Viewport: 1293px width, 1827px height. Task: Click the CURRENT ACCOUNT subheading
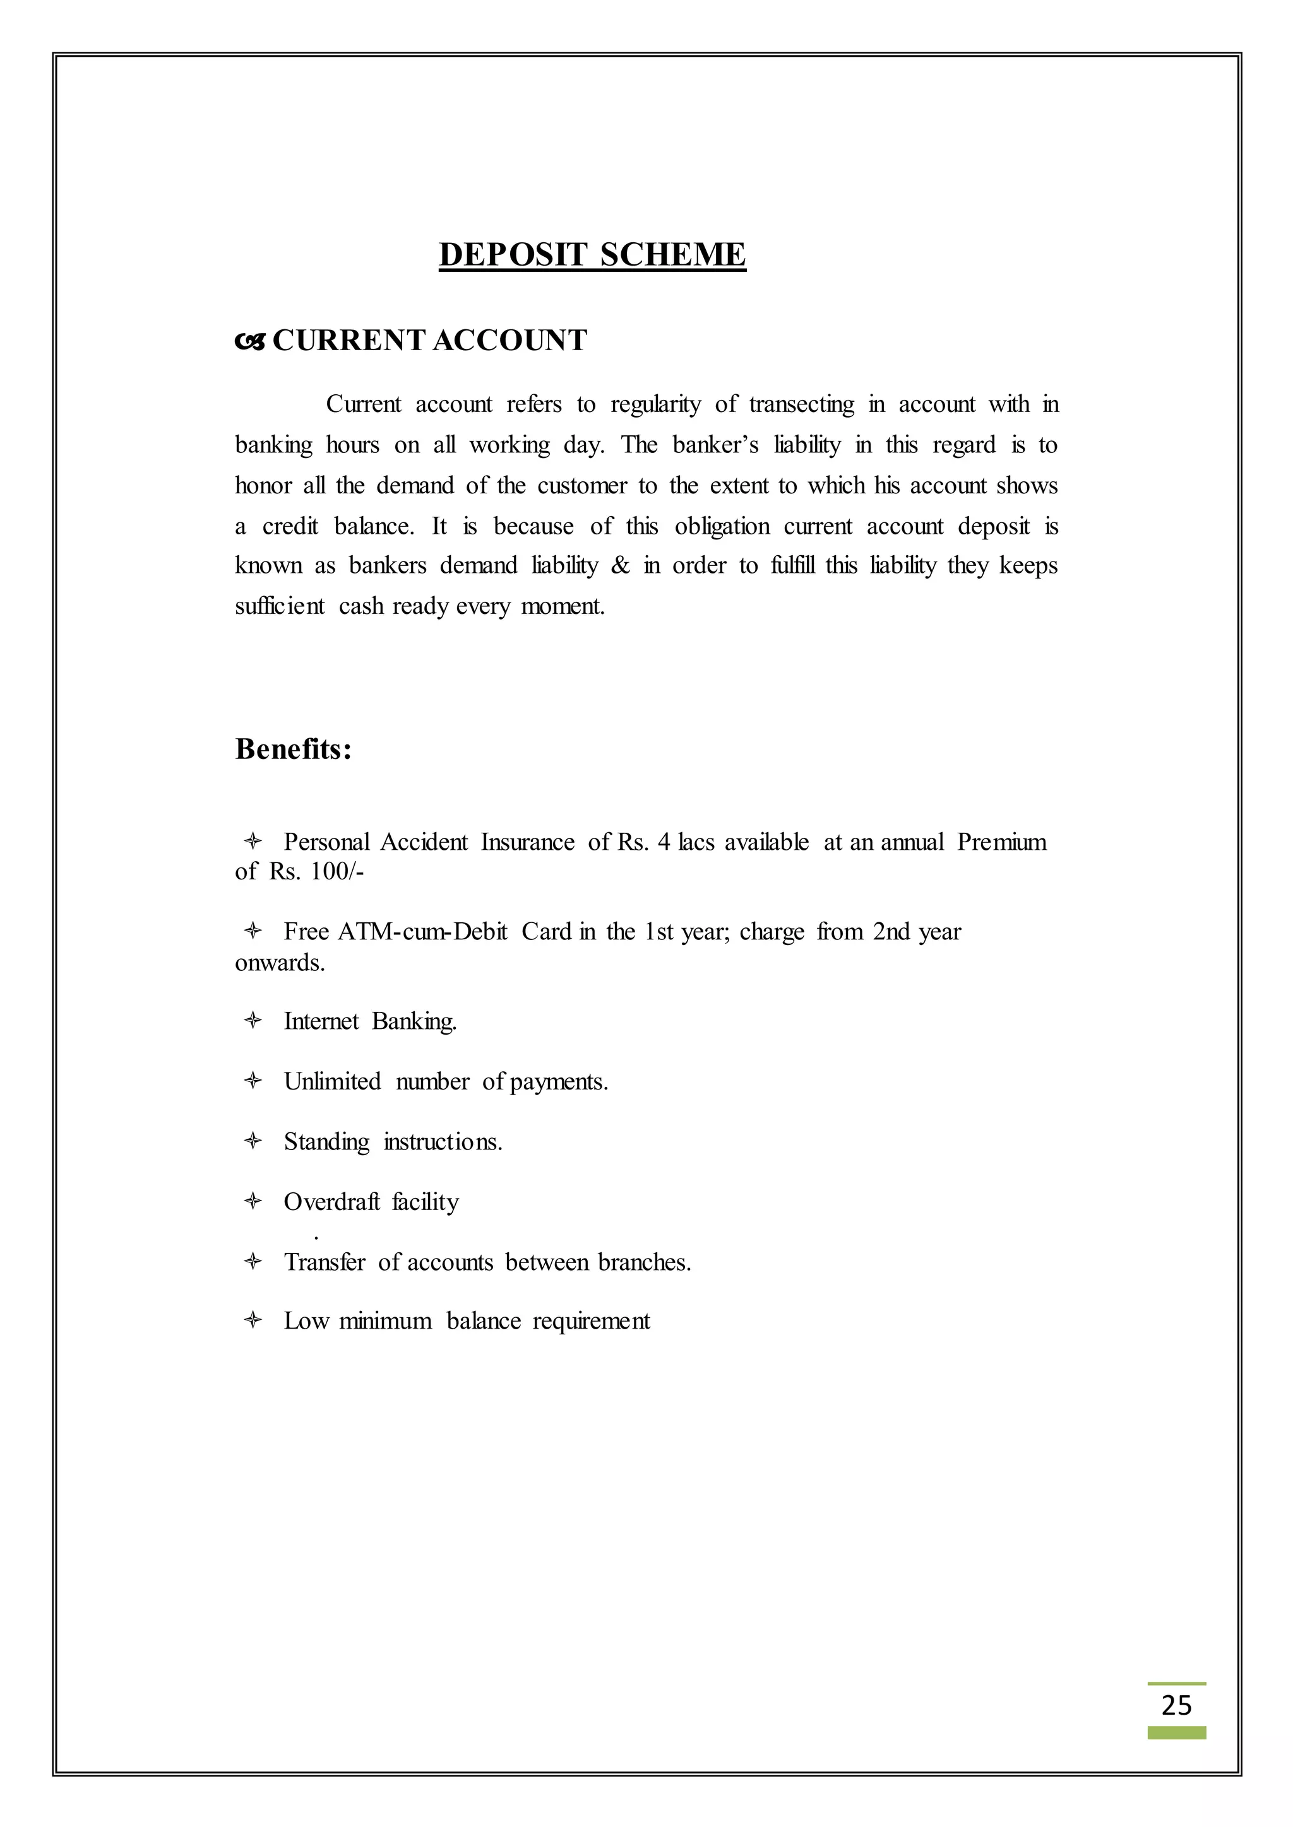click(429, 341)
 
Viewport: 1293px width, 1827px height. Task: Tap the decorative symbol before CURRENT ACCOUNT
click(249, 342)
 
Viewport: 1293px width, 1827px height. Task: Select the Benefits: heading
click(293, 749)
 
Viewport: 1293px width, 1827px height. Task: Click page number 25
click(1176, 1705)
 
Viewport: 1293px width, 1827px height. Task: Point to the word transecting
click(801, 404)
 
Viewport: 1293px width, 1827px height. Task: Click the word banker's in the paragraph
click(715, 445)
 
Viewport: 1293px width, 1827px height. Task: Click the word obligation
click(722, 527)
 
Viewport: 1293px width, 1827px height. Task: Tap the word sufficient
click(280, 606)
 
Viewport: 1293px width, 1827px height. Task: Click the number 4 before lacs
click(664, 842)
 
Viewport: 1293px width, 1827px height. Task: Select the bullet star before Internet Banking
click(253, 1021)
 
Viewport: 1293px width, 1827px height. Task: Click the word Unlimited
click(332, 1081)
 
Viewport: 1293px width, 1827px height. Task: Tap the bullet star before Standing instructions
click(253, 1142)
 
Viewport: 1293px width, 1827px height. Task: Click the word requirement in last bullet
click(591, 1321)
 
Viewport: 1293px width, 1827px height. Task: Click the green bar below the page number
click(1176, 1733)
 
